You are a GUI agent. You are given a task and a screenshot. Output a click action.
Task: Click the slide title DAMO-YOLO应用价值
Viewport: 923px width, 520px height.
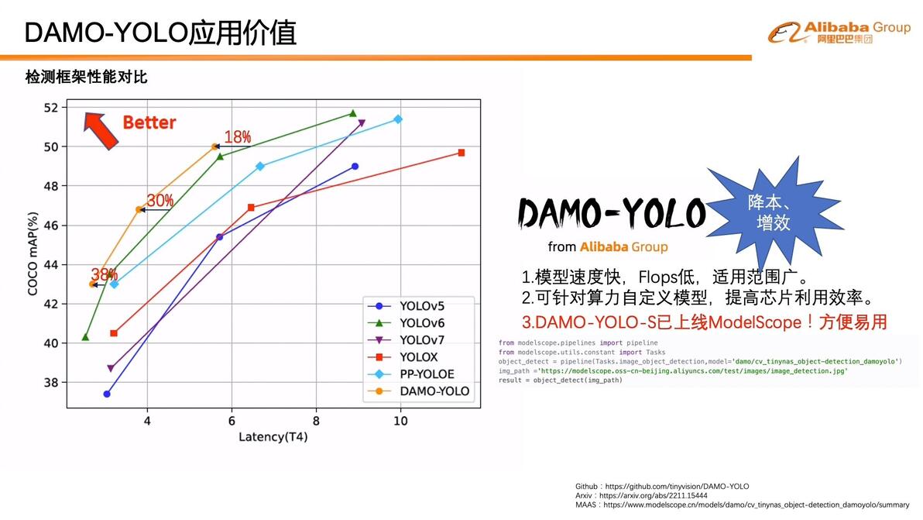tap(160, 33)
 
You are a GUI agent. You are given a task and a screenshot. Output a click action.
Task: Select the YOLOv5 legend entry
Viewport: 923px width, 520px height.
tap(422, 305)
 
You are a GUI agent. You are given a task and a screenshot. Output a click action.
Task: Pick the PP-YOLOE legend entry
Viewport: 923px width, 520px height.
tap(427, 374)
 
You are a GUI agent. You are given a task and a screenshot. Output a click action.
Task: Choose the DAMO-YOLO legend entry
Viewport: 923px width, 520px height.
tap(434, 391)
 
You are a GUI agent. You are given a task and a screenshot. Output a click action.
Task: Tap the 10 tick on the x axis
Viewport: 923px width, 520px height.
tap(400, 421)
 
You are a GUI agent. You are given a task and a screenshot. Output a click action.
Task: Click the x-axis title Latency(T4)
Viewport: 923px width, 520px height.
tap(273, 437)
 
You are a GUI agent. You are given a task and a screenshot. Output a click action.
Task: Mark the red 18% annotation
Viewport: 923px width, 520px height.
tap(238, 137)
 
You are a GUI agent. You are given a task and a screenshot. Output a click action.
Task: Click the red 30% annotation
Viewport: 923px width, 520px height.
tap(160, 201)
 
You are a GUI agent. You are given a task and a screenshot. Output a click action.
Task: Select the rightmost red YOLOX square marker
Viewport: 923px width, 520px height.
tap(461, 153)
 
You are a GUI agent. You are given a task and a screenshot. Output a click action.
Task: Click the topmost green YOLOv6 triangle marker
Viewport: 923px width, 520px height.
tap(353, 113)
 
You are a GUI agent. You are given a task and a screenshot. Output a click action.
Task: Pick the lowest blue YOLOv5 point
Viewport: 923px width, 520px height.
tap(107, 394)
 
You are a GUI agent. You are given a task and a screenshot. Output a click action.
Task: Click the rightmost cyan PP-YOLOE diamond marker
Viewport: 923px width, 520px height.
tap(398, 119)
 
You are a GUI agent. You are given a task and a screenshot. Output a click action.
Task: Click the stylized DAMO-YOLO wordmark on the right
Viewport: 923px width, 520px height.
tap(611, 213)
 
